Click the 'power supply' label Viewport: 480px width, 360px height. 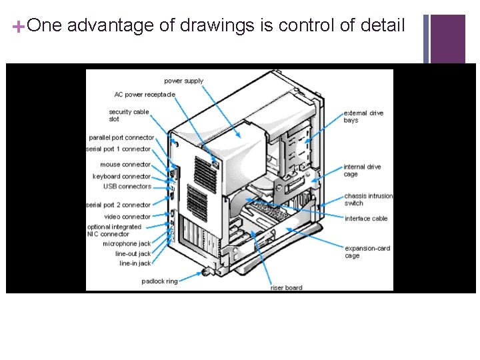pos(183,81)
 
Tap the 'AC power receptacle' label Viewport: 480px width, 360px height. pos(145,95)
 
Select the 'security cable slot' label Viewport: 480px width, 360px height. pos(129,115)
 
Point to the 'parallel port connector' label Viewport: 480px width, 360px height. pos(121,137)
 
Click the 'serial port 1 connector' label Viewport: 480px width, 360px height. pos(119,149)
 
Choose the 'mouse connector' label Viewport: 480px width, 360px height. pos(125,165)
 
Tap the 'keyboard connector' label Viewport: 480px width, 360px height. pos(122,177)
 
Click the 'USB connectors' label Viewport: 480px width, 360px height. pos(127,187)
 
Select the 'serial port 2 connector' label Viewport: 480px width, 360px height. pos(119,205)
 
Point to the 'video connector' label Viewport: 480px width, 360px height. pos(127,217)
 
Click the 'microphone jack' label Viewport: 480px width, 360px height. pos(127,244)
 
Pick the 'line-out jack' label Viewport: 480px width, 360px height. pos(133,254)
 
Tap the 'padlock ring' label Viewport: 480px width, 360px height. pos(159,281)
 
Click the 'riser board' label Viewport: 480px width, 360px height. pos(286,288)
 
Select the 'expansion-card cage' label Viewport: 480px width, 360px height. pos(367,252)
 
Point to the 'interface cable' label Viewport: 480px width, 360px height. pos(366,219)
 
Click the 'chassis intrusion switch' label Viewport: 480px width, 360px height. pos(368,199)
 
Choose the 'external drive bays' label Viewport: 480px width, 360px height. pos(363,117)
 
